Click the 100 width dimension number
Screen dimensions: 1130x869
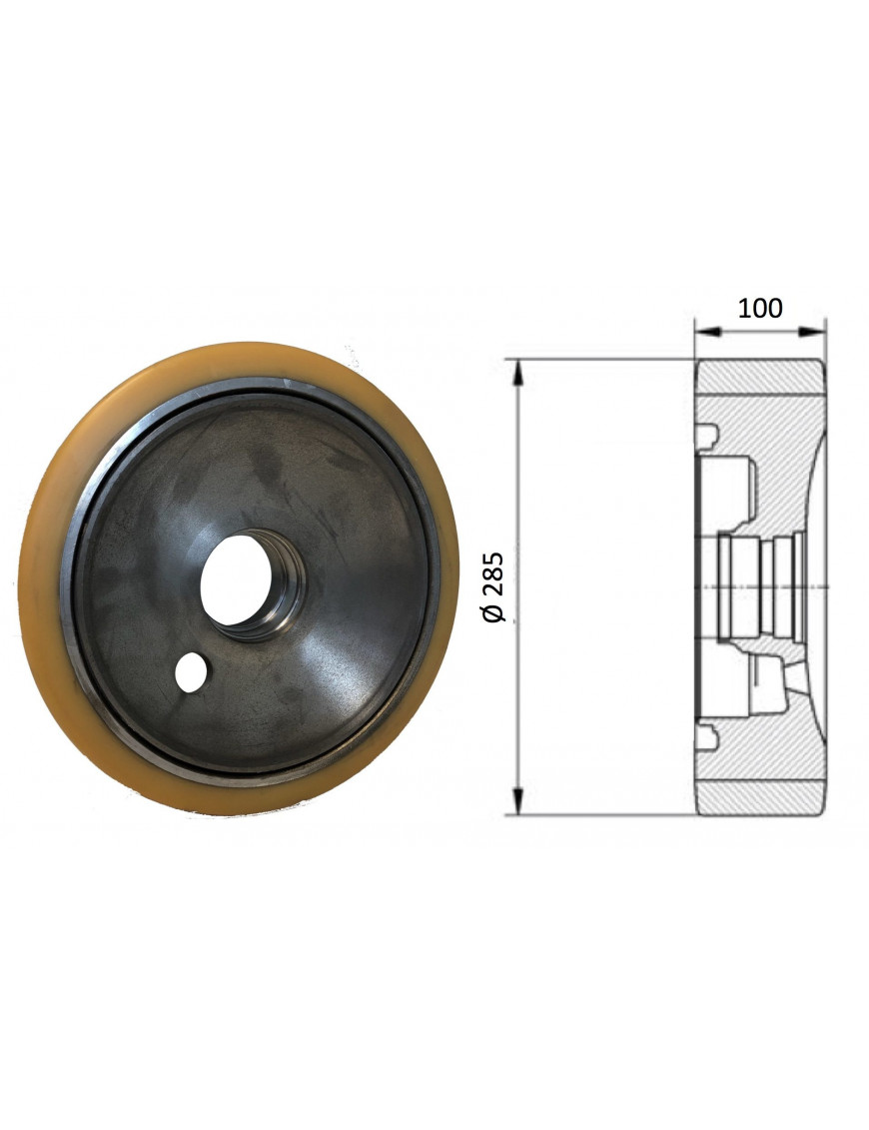pyautogui.click(x=760, y=308)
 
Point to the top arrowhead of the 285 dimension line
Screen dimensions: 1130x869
pyautogui.click(x=517, y=370)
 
